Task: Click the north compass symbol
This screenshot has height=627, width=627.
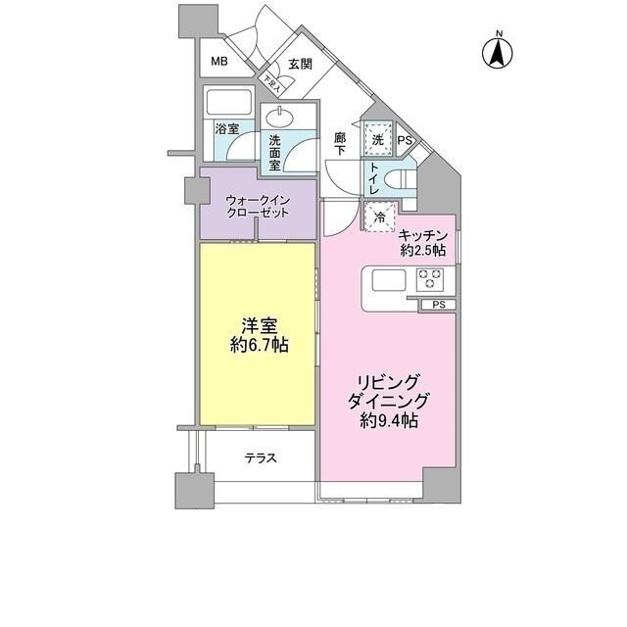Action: (x=498, y=51)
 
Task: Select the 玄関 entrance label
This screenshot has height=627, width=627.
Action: (x=300, y=65)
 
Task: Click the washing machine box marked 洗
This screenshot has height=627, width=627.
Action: (x=378, y=140)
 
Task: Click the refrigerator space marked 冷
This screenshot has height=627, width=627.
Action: (x=377, y=217)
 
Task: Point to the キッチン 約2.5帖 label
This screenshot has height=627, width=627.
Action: (x=423, y=242)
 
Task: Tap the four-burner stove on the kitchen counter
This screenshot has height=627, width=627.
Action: (x=431, y=279)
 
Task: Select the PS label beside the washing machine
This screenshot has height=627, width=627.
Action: (x=405, y=141)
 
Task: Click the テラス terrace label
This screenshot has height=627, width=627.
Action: (x=260, y=458)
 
